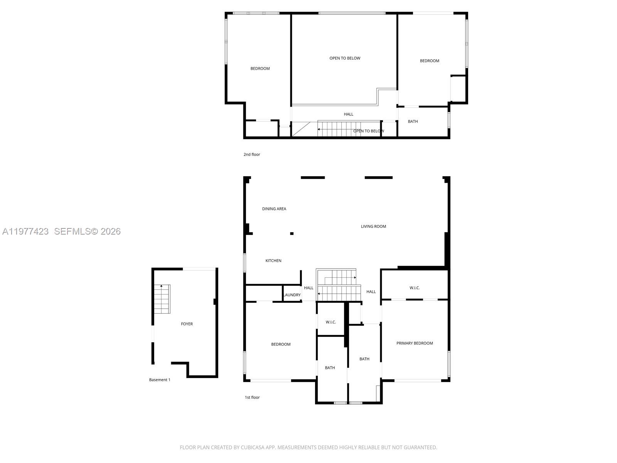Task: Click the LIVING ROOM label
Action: (373, 226)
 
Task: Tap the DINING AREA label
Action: (274, 209)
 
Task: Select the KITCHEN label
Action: (273, 260)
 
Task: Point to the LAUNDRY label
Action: (292, 295)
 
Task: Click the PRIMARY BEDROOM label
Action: (414, 343)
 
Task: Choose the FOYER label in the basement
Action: (187, 324)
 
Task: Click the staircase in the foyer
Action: (162, 299)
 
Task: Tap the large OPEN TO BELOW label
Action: (345, 58)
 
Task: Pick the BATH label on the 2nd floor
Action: (413, 122)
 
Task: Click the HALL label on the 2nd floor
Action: (348, 114)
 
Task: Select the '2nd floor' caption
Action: (251, 154)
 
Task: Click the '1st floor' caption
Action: (252, 397)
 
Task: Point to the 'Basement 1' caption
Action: (159, 380)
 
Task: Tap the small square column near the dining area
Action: (292, 233)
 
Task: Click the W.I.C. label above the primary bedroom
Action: (414, 288)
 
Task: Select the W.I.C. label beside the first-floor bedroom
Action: (330, 322)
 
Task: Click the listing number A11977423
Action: (25, 231)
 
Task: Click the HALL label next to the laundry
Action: (308, 288)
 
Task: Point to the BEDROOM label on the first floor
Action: (280, 345)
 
